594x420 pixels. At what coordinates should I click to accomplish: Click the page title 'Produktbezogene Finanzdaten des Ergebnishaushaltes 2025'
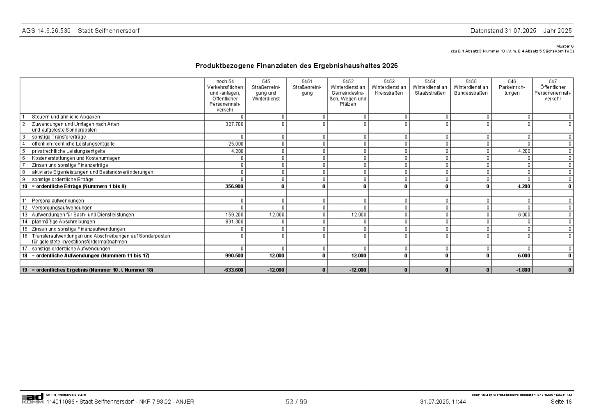[296, 66]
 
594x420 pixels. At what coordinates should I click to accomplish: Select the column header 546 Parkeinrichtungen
[512, 87]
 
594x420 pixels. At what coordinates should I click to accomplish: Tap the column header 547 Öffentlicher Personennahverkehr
[553, 90]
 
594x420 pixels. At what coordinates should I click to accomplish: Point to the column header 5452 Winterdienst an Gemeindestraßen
[348, 93]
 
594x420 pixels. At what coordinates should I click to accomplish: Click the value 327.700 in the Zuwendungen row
[235, 124]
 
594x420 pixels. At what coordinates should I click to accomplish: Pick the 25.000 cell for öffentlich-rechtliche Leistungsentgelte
[236, 144]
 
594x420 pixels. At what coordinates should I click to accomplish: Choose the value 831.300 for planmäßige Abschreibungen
[235, 222]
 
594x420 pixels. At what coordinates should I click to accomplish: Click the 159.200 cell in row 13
[235, 215]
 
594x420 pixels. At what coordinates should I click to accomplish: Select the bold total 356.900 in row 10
[234, 187]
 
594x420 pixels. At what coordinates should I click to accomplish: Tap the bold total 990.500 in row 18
[234, 256]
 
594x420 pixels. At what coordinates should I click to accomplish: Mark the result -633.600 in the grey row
[233, 270]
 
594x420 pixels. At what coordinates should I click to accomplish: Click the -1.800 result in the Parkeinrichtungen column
[523, 270]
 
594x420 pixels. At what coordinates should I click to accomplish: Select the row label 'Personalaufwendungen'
[58, 201]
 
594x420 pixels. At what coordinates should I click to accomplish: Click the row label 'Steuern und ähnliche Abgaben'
[66, 117]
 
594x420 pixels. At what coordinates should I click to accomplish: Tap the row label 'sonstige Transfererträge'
[59, 137]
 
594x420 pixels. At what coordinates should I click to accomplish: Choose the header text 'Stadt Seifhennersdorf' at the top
[108, 31]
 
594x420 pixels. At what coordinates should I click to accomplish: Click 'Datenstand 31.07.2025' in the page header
[503, 31]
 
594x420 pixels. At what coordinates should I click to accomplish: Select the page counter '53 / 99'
[296, 402]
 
